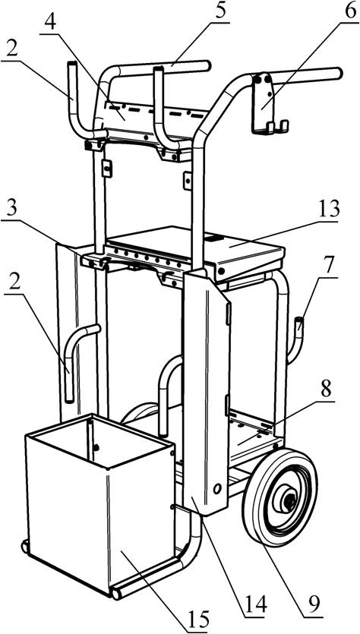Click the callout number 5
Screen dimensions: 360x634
tap(220, 11)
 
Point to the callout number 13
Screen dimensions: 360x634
tap(328, 210)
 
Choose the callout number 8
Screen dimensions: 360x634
tap(327, 390)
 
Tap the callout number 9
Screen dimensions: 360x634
tap(313, 604)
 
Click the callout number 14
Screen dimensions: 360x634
tap(256, 606)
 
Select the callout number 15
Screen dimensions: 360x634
tap(198, 619)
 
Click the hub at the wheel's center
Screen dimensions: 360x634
tap(289, 502)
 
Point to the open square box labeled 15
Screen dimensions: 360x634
tap(100, 506)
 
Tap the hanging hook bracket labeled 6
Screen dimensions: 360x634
tap(267, 103)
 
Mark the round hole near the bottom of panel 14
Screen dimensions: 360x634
tap(217, 489)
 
